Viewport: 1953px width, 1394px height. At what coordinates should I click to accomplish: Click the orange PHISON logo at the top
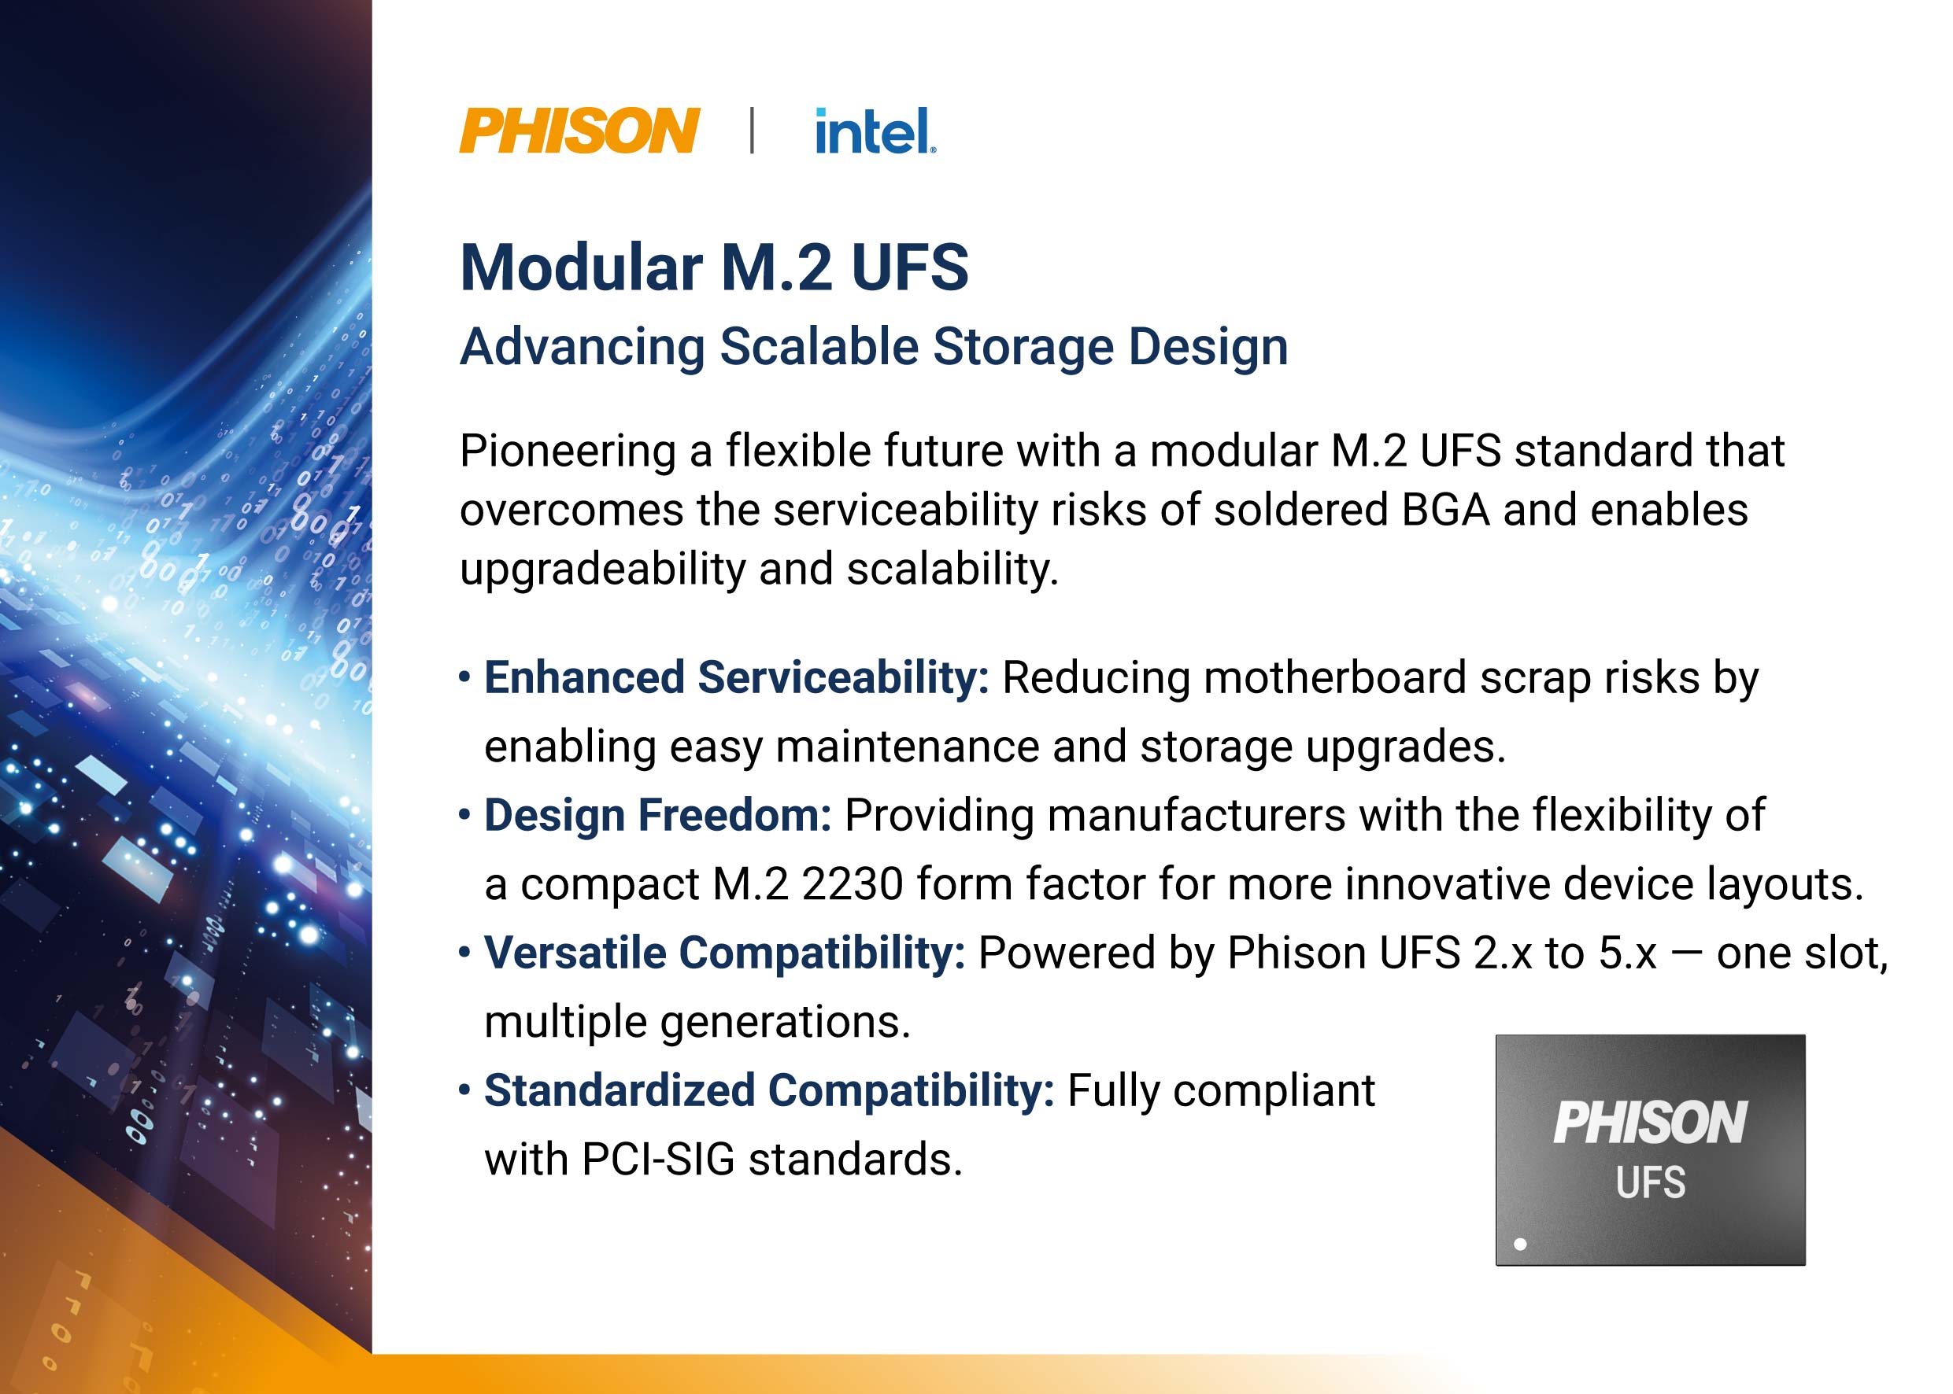[579, 131]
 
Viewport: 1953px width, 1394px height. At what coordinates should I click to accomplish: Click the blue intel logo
[875, 131]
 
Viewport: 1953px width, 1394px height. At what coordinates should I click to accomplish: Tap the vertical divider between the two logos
[753, 131]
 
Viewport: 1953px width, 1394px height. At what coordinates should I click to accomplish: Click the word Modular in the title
[582, 267]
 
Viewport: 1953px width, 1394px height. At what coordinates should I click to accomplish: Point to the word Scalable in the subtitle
[819, 347]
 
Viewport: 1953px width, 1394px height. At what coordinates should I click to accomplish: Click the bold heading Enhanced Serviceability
[737, 678]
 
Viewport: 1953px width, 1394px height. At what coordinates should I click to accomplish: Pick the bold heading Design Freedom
[658, 816]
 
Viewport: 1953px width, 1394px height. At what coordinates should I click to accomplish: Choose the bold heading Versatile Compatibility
[725, 953]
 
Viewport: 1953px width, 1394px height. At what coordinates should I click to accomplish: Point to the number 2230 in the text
[852, 885]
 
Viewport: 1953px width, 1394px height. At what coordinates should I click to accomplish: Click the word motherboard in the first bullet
[1334, 678]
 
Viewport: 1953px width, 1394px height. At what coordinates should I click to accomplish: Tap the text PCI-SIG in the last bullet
[659, 1160]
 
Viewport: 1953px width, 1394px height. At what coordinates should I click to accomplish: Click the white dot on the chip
[1520, 1244]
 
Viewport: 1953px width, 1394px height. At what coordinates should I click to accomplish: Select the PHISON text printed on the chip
[1650, 1123]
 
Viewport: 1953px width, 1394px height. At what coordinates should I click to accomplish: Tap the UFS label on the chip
[1651, 1183]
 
